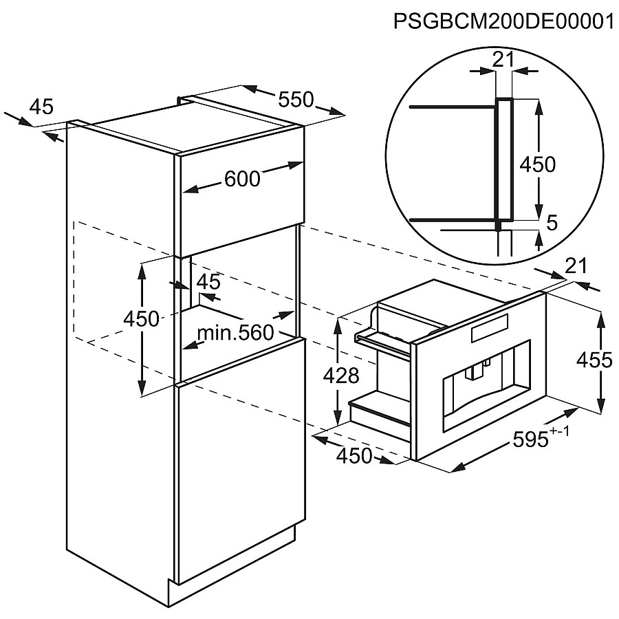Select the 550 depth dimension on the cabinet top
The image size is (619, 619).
[296, 99]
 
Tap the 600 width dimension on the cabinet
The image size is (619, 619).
[242, 178]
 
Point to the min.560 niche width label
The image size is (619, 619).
[235, 333]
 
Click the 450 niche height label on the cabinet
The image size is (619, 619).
[141, 318]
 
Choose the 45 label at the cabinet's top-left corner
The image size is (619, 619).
[41, 107]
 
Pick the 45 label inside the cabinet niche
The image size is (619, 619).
[208, 282]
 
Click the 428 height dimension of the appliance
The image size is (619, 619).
[341, 376]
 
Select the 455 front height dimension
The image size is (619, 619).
[594, 360]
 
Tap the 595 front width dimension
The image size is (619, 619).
[530, 439]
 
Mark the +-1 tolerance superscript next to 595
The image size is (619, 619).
[559, 432]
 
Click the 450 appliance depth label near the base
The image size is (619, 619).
[354, 456]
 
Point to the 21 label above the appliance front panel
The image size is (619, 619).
[576, 266]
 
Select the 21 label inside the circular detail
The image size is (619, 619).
[503, 59]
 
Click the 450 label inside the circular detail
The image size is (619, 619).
[537, 164]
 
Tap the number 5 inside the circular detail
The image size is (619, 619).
[552, 224]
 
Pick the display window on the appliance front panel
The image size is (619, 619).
[489, 329]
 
